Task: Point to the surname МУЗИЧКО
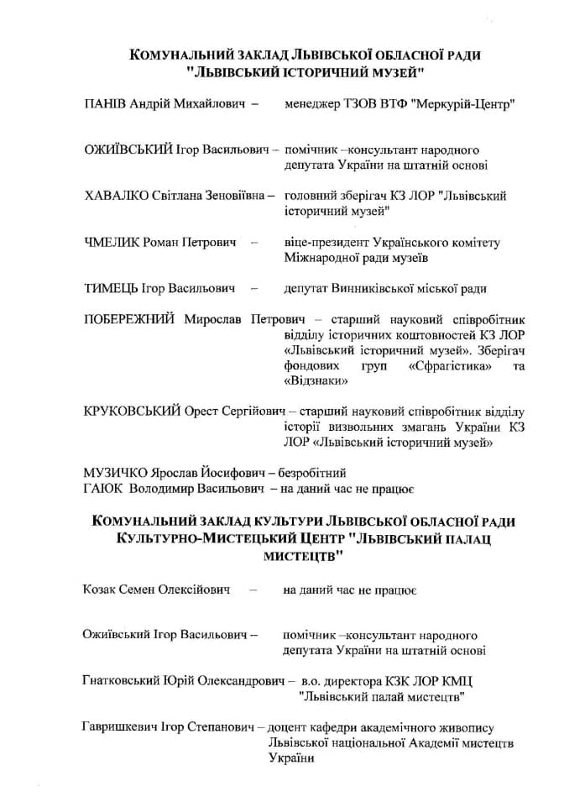click(117, 472)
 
